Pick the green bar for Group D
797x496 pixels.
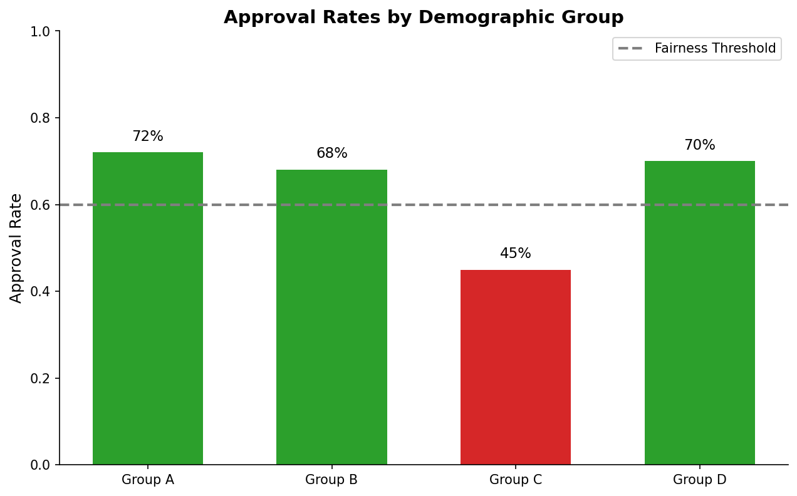[699, 313]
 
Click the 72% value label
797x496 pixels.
[148, 137]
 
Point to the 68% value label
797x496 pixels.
[331, 153]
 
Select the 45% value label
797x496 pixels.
[516, 254]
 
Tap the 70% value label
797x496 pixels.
[699, 145]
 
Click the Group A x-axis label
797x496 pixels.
[148, 480]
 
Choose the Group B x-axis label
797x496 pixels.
[331, 480]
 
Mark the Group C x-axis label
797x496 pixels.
[516, 480]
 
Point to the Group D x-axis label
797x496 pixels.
[699, 480]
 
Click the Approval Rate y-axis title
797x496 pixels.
[16, 248]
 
